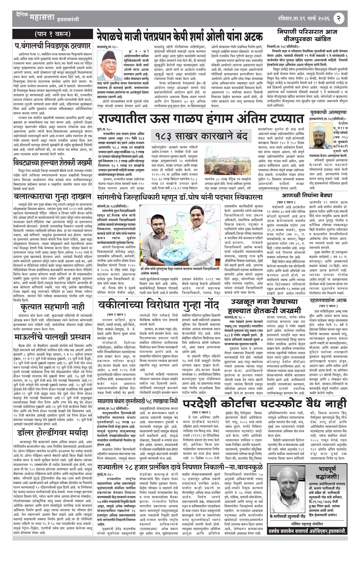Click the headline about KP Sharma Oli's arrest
(x=180, y=36)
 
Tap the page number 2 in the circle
(x=339, y=17)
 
